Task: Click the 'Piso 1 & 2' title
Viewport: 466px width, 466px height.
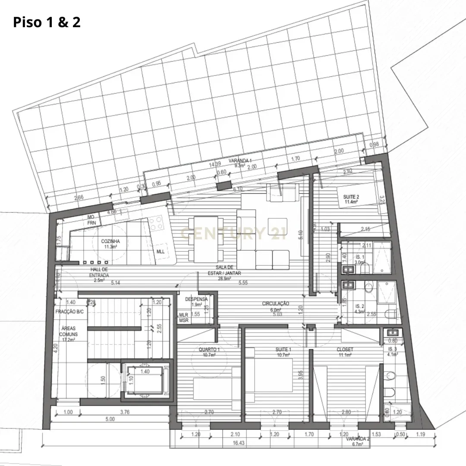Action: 47,22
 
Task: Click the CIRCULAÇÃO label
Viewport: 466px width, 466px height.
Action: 275,306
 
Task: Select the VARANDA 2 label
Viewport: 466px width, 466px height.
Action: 357,441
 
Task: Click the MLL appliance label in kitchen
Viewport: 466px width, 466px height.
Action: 160,252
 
